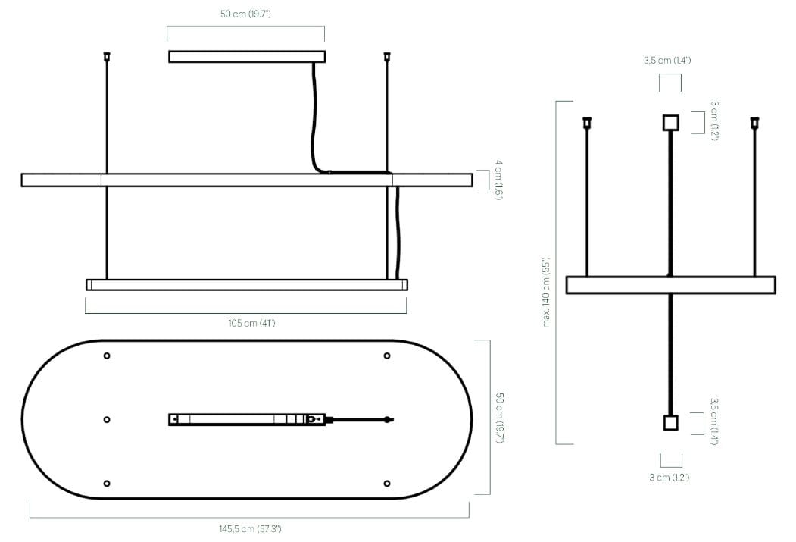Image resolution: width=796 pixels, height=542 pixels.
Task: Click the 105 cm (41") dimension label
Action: (x=251, y=323)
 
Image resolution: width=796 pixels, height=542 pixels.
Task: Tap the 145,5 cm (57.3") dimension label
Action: (x=250, y=529)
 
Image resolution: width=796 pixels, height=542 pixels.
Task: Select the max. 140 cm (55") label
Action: (x=546, y=293)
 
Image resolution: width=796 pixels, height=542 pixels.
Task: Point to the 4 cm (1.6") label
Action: (x=499, y=180)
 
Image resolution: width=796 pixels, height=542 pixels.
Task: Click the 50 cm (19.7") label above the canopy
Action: (x=245, y=14)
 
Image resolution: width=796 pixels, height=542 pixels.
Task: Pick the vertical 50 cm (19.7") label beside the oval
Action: (x=500, y=418)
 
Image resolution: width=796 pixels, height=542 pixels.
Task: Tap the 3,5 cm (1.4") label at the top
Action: (x=667, y=61)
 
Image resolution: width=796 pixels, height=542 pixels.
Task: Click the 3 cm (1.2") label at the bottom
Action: (x=669, y=478)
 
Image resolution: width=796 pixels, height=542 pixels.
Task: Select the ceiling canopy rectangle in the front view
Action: (x=247, y=56)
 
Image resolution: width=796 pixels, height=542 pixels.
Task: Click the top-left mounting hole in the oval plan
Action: (x=107, y=356)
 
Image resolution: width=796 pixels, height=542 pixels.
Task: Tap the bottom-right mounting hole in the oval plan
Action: (x=387, y=484)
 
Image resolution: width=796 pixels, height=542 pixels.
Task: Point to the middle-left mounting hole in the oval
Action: (x=107, y=420)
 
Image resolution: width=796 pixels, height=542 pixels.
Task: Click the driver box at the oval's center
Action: (x=247, y=420)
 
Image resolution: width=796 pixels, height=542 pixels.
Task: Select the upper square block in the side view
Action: (x=670, y=123)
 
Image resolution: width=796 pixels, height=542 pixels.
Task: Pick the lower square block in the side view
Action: (x=670, y=423)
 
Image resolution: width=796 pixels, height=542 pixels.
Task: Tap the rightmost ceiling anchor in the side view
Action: (x=754, y=122)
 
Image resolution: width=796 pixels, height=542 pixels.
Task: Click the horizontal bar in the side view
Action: (x=670, y=285)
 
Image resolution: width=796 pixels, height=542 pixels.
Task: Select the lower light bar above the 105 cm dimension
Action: (x=247, y=284)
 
